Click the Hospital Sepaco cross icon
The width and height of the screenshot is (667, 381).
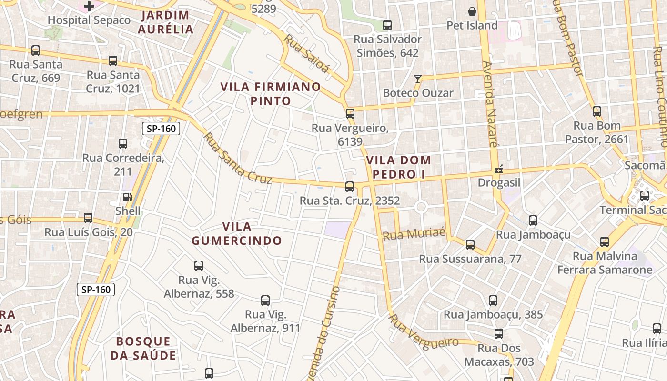coord(89,6)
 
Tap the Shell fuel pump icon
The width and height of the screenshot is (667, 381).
coord(127,197)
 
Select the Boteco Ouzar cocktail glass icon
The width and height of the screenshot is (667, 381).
coord(418,79)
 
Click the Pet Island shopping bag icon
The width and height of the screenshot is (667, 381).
coord(472,11)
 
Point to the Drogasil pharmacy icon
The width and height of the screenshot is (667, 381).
coord(499,169)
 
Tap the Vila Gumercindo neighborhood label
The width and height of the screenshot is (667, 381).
coord(237,233)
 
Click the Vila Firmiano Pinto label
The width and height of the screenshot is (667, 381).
coord(270,94)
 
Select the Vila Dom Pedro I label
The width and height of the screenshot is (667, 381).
coord(399,167)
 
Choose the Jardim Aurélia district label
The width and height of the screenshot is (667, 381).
coord(165,22)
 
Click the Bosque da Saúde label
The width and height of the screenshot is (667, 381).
coord(143,348)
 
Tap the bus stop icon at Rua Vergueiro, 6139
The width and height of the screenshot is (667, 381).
coord(350,113)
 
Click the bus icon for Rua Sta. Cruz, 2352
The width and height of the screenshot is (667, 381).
coord(350,186)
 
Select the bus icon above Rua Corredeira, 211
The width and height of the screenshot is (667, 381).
coord(123,143)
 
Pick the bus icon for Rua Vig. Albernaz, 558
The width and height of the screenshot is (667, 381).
coord(199,265)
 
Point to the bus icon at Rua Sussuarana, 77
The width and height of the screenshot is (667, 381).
coord(470,244)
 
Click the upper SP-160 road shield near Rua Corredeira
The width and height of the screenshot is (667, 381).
coord(161,128)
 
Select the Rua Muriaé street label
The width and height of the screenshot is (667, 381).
coord(414,234)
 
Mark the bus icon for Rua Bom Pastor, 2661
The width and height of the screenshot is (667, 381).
coord(597,111)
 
